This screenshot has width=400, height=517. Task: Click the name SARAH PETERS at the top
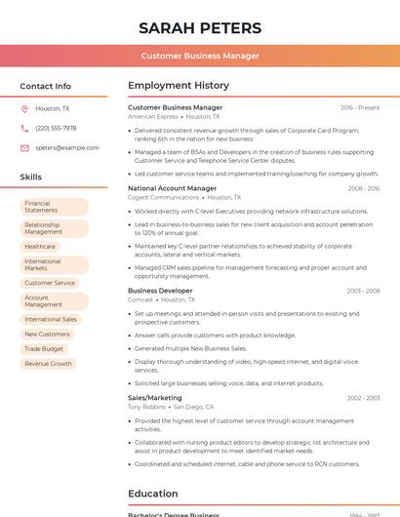pos(200,27)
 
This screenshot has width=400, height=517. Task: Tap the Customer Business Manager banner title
pos(200,56)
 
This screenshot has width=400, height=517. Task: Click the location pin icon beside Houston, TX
pos(24,108)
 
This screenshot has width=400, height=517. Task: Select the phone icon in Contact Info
pos(24,128)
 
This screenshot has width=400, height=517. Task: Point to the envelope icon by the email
pos(24,148)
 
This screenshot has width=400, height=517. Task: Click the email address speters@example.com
pos(67,148)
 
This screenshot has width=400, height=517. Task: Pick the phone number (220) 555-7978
pos(56,128)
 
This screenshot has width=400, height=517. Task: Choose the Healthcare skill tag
pos(40,247)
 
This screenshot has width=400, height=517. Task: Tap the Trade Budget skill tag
pos(44,348)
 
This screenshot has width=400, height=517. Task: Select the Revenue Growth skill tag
pos(48,364)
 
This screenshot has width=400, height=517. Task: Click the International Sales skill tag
pos(51,319)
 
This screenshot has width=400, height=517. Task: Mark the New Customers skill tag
pos(47,334)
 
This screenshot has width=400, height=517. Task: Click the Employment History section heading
pos(179,86)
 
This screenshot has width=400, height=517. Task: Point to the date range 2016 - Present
pos(360,107)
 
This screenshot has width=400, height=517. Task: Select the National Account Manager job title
pos(172,188)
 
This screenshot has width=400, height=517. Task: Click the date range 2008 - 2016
pos(363,188)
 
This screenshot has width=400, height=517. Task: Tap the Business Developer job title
pos(160,291)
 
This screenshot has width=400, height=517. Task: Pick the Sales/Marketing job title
pos(154,398)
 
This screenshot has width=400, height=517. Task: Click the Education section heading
pos(153,494)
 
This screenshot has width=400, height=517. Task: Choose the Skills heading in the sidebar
pos(31,178)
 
